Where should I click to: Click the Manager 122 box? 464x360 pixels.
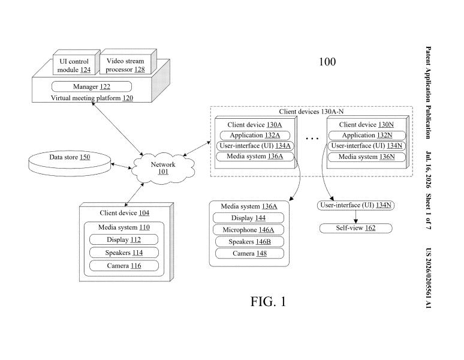[x=92, y=87]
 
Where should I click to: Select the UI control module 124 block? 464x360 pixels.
[x=76, y=62]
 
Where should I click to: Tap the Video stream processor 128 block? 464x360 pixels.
[x=128, y=62]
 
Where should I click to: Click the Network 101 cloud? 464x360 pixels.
[x=163, y=168]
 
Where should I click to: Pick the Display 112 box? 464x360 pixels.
[x=123, y=239]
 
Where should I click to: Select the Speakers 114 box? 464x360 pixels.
[x=123, y=253]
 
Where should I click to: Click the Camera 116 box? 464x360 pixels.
[x=123, y=266]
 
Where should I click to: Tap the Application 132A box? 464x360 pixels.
[x=255, y=135]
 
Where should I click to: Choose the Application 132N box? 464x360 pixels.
[x=367, y=135]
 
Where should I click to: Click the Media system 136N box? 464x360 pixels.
[x=367, y=157]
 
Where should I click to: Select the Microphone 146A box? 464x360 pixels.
[x=248, y=230]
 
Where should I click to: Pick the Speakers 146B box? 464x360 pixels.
[x=249, y=242]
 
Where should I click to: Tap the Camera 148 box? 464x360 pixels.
[x=249, y=253]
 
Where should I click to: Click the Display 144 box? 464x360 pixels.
[x=248, y=218]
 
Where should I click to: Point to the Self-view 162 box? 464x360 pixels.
[x=355, y=228]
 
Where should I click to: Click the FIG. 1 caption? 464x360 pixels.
[x=268, y=302]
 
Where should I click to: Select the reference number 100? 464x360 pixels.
[x=327, y=62]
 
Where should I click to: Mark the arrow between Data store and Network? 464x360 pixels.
[x=121, y=166]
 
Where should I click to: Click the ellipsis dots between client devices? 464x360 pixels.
[x=312, y=138]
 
